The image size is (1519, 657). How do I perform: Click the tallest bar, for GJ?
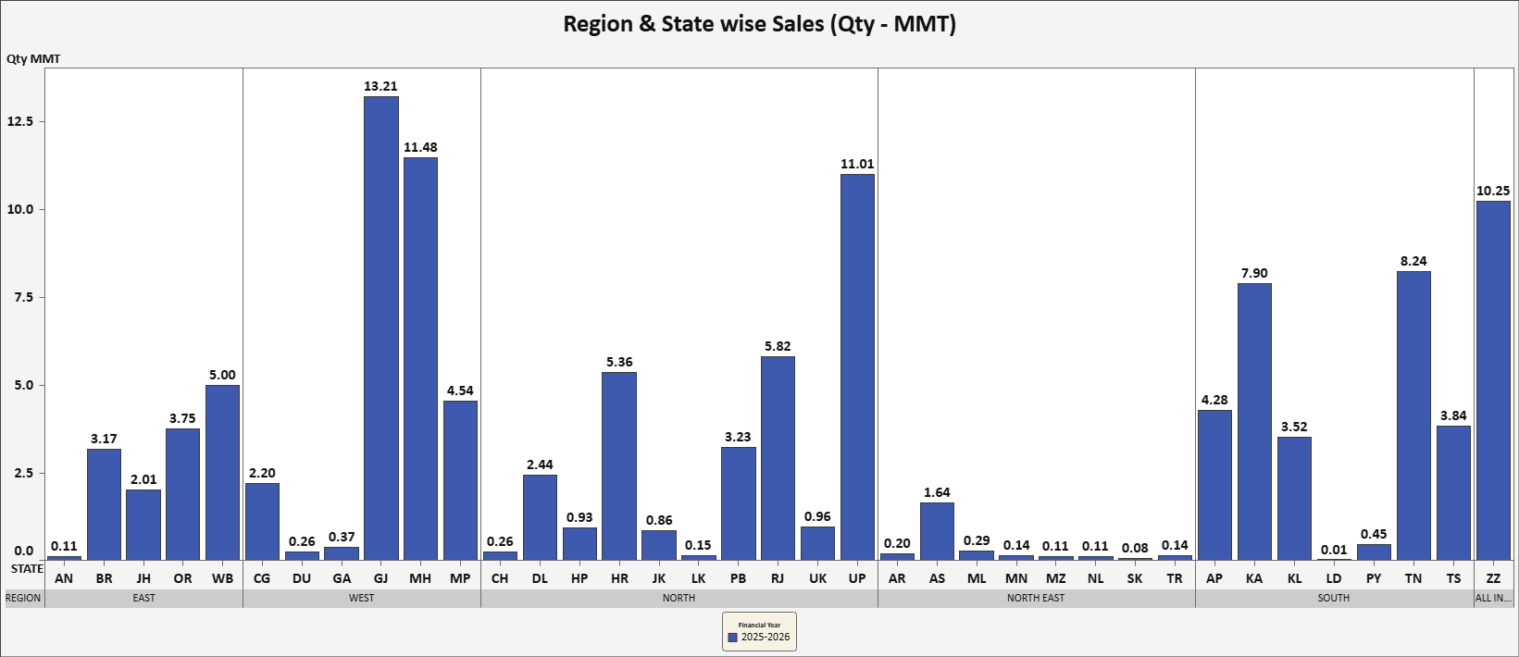tap(380, 328)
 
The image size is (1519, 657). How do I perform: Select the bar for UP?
tap(857, 367)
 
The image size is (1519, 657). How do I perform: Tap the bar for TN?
tap(1413, 415)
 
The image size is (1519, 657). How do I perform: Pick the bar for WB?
tap(222, 472)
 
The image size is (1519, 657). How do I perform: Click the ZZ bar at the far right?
tap(1493, 380)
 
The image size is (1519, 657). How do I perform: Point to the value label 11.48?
tap(420, 147)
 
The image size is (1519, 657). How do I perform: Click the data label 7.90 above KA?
tap(1254, 273)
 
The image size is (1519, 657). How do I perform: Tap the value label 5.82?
tap(778, 346)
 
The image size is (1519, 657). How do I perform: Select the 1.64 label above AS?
tap(937, 492)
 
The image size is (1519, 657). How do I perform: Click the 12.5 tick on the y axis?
tap(20, 121)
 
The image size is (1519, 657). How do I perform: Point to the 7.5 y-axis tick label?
tap(20, 297)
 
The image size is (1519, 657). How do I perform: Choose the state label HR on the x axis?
tap(619, 578)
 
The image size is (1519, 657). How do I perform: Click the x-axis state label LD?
tap(1334, 578)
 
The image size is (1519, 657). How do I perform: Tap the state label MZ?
tap(1055, 578)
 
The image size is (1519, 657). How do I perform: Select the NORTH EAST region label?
tap(1036, 598)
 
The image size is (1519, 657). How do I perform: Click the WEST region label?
tap(362, 598)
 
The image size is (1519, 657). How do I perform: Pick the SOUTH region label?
tap(1334, 598)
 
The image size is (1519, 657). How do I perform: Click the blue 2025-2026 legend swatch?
tap(733, 638)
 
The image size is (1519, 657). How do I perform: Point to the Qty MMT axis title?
tap(33, 58)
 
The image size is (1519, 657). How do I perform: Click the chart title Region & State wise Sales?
tap(759, 23)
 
